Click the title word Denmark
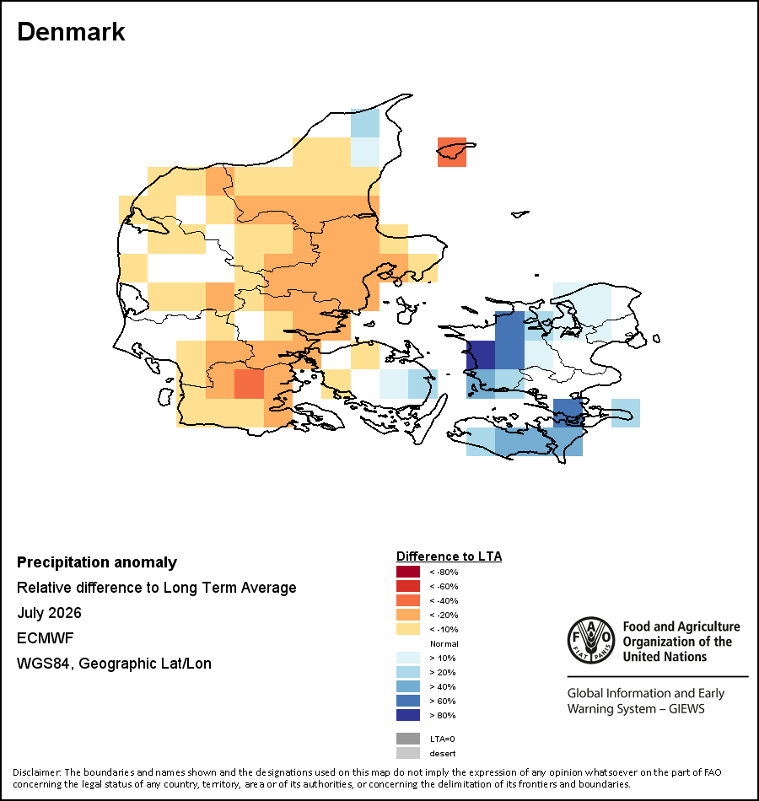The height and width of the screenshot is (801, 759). point(71,32)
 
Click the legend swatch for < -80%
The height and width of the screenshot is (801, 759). point(408,572)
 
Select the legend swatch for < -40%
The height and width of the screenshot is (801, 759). point(408,600)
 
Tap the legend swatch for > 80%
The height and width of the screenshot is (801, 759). point(408,715)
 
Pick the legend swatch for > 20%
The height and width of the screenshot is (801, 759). point(408,672)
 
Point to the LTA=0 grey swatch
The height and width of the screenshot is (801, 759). point(408,739)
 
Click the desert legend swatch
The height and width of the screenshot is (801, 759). point(408,753)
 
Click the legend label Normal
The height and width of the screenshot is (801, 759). point(444,643)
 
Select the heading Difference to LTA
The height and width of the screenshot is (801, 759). point(449,556)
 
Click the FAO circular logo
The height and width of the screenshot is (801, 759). point(591,640)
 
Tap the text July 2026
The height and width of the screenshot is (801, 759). point(49,612)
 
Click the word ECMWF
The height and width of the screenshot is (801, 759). point(45,638)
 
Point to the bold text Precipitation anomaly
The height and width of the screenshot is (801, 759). point(97,562)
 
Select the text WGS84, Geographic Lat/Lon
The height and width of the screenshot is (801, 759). point(114,664)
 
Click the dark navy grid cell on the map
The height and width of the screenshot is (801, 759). point(481,355)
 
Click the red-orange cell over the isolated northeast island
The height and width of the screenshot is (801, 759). point(452,153)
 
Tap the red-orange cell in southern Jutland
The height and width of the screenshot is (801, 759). point(249,384)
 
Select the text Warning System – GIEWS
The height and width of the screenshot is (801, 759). point(636,709)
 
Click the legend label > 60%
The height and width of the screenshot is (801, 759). point(443,701)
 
